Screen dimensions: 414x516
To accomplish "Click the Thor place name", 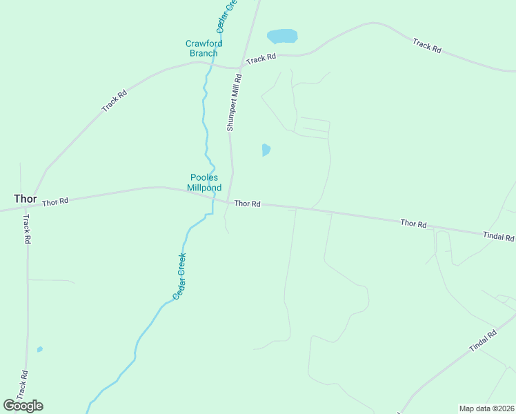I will click(x=26, y=199).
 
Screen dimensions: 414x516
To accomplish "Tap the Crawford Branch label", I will click(x=204, y=48).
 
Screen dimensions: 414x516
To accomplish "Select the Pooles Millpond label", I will click(x=204, y=182).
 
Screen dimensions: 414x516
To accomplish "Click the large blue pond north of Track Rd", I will click(x=282, y=36).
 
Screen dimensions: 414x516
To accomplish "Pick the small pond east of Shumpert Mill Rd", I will click(x=266, y=150).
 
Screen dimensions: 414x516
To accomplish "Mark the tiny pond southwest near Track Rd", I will click(x=40, y=349).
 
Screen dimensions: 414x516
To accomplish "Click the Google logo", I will click(x=23, y=406).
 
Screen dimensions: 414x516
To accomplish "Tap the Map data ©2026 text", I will click(x=486, y=408).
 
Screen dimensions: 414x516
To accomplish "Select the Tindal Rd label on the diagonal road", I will click(x=483, y=342).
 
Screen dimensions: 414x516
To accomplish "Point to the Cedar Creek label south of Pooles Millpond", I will click(x=179, y=275).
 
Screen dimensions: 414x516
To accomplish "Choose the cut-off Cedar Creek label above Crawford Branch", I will click(x=226, y=16).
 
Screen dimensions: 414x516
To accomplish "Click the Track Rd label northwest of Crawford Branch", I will click(x=115, y=101).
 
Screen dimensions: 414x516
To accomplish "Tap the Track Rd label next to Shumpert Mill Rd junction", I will click(x=261, y=59).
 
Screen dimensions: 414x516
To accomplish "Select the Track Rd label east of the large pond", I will click(x=427, y=46).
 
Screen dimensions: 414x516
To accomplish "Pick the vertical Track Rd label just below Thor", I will click(x=27, y=229).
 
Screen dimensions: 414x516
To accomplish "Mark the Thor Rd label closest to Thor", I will click(x=55, y=202).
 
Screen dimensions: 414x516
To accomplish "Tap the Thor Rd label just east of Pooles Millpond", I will click(x=247, y=204).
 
